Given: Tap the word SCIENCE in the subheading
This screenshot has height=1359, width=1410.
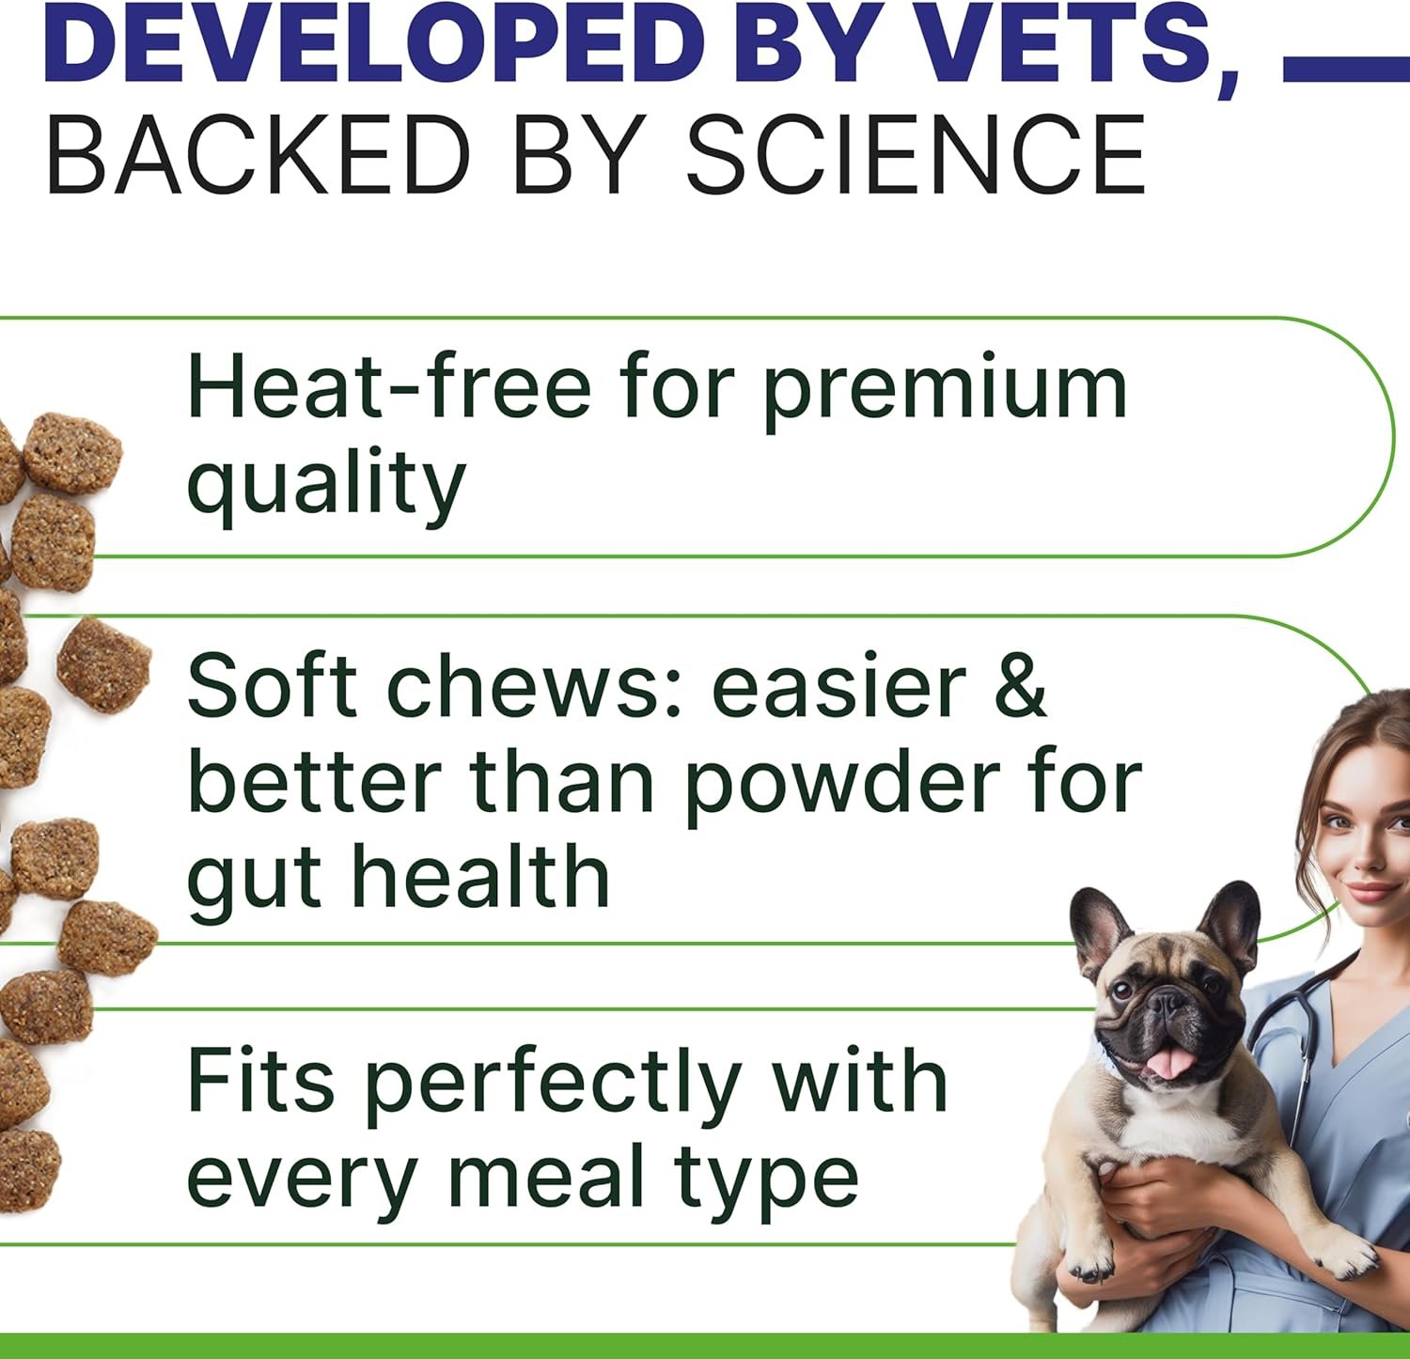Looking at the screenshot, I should pyautogui.click(x=916, y=155).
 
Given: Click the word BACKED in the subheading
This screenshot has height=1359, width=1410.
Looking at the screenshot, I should pyautogui.click(x=258, y=155).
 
